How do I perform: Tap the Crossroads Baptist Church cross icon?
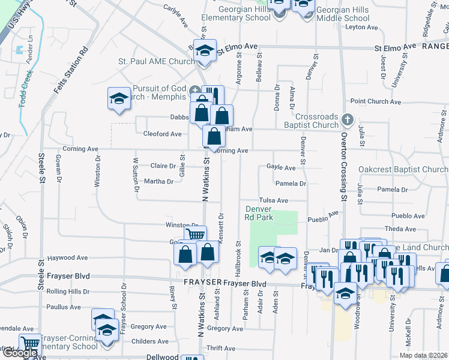pyautogui.click(x=347, y=119)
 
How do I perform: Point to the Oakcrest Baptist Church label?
pyautogui.click(x=403, y=170)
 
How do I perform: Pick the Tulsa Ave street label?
pyautogui.click(x=274, y=200)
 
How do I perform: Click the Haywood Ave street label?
pyautogui.click(x=68, y=258)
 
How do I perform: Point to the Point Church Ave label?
pyautogui.click(x=376, y=102)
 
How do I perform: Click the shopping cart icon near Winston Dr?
pyautogui.click(x=195, y=235)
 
